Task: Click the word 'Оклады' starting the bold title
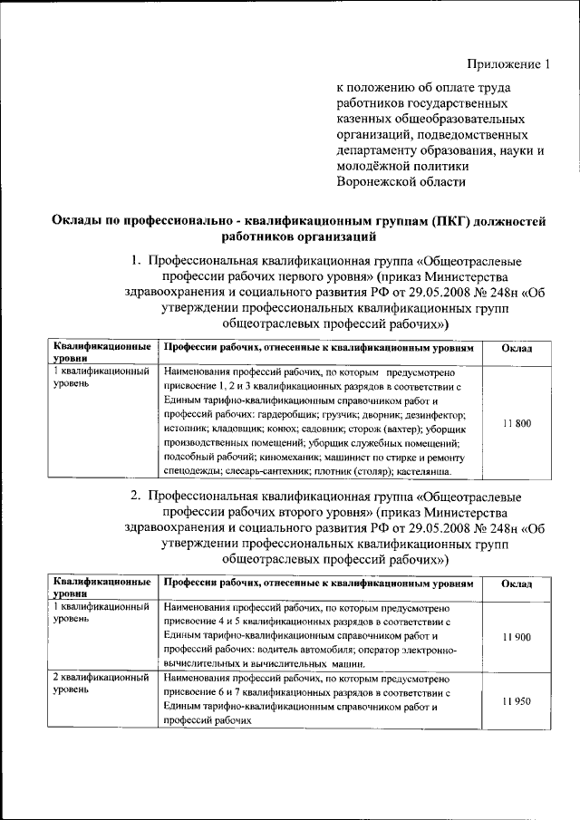75,221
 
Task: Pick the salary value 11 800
516,423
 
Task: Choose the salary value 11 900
516,638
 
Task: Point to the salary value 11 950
516,701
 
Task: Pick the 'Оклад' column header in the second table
516,584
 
